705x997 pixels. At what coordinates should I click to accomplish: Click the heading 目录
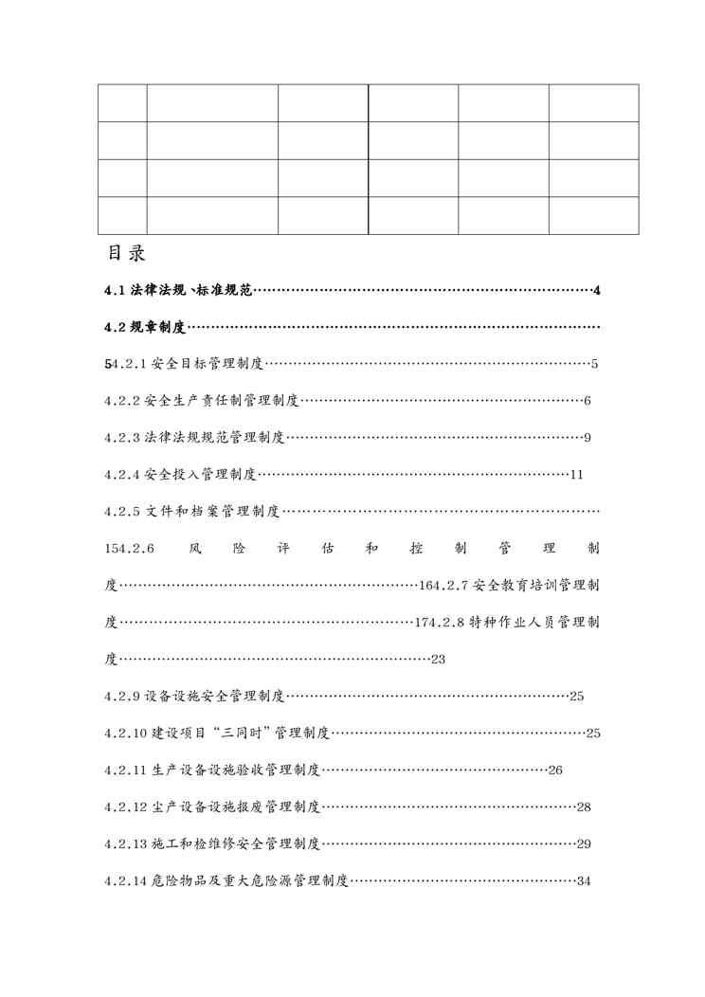tap(125, 255)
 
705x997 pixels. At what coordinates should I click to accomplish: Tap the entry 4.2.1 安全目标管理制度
tap(189, 364)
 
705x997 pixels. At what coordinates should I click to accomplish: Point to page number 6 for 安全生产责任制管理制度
tap(587, 401)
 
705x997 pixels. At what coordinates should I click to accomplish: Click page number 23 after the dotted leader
tap(438, 660)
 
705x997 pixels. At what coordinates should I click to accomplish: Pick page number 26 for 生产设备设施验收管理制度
tap(555, 770)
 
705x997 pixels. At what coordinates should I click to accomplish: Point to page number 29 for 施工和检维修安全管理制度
tap(584, 844)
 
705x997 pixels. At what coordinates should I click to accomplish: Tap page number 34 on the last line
tap(584, 881)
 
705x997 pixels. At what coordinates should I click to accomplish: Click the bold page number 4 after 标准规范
tap(596, 290)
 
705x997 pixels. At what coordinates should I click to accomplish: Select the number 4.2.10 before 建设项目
tap(125, 734)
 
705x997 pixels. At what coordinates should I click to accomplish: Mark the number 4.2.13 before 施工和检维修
tap(125, 844)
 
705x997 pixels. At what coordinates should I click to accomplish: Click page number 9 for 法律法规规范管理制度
tap(587, 438)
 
